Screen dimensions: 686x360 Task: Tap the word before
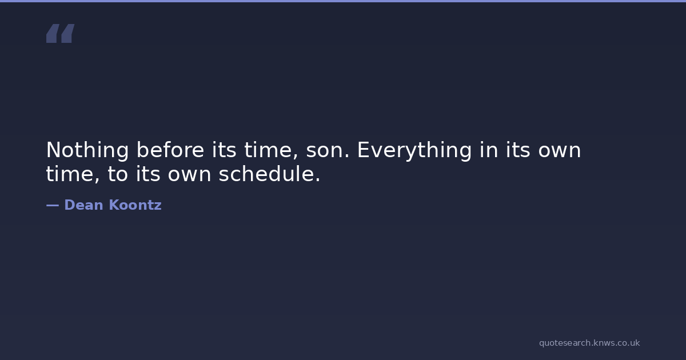170,150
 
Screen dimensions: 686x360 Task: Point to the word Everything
414,151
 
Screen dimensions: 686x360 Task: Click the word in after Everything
489,150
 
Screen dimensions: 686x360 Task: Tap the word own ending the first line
560,151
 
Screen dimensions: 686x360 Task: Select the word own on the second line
189,175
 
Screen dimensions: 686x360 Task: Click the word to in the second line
118,174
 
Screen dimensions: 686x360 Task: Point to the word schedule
269,174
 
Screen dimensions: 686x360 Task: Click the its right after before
224,150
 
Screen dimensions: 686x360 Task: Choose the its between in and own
518,150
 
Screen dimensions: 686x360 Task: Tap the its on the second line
148,174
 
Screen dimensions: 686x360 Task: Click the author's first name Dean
83,205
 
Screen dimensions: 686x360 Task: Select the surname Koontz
135,205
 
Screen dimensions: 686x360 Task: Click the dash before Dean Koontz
53,206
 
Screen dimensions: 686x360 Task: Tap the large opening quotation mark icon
61,33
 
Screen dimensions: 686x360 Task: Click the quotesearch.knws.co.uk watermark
589,343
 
